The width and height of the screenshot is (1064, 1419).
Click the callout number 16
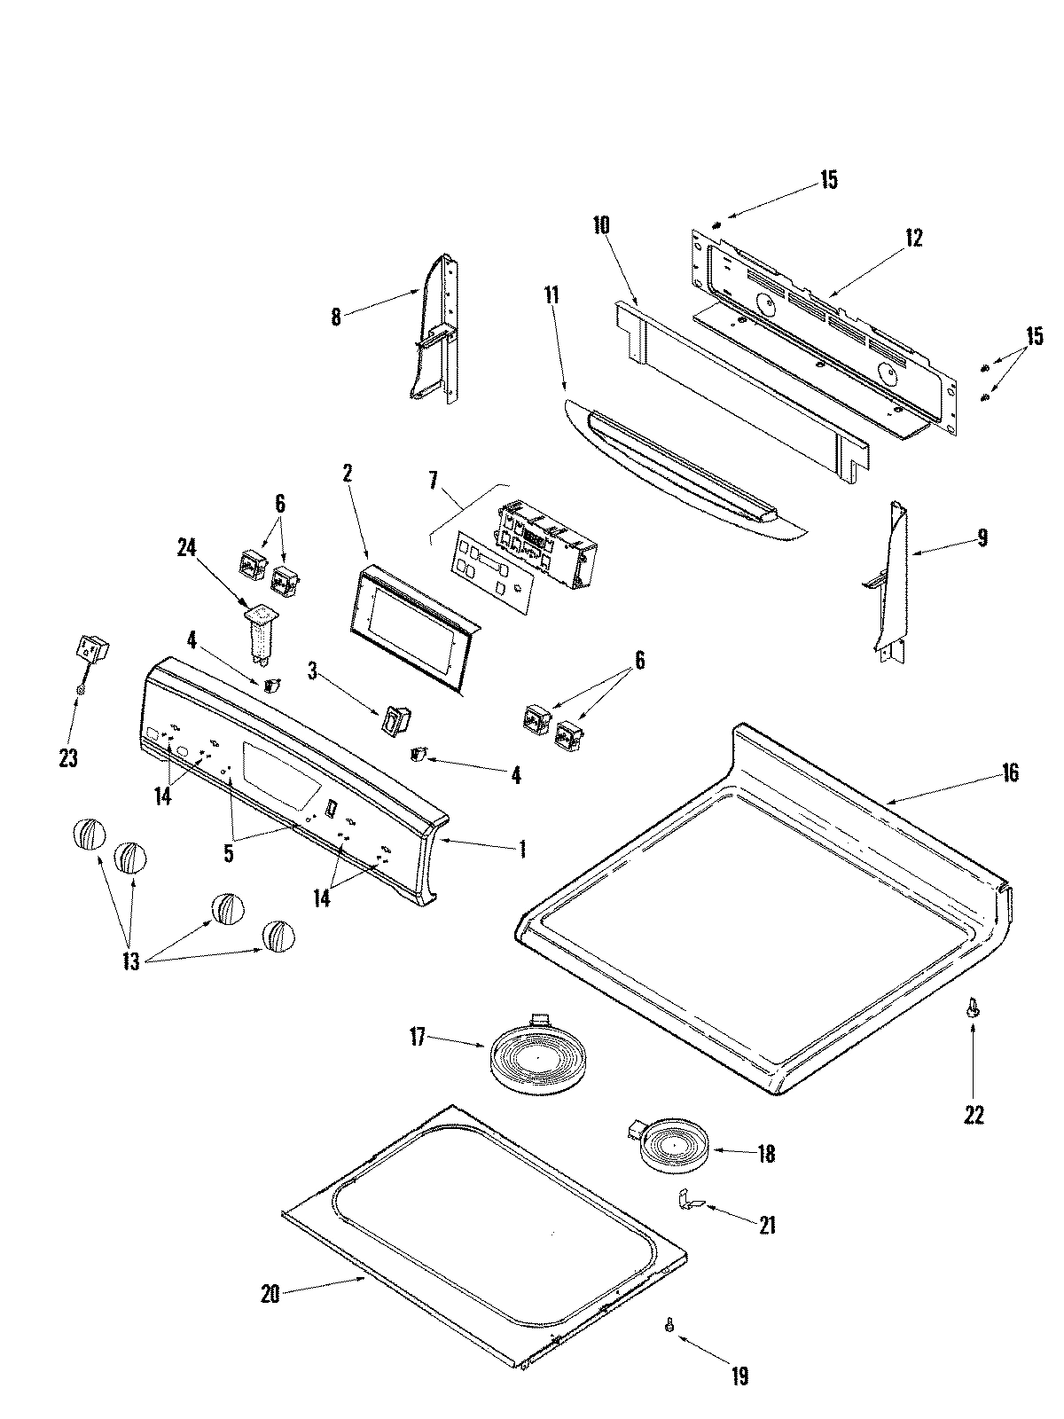(x=1009, y=772)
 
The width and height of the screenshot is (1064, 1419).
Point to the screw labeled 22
(x=974, y=1007)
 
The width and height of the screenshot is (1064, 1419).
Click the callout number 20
(x=270, y=1294)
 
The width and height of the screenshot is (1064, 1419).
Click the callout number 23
(x=68, y=758)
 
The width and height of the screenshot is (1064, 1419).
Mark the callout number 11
(x=552, y=295)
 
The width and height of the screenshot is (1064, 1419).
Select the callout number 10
(x=601, y=224)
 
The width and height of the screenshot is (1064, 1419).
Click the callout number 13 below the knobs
(x=130, y=962)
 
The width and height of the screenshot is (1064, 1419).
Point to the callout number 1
(x=522, y=849)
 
